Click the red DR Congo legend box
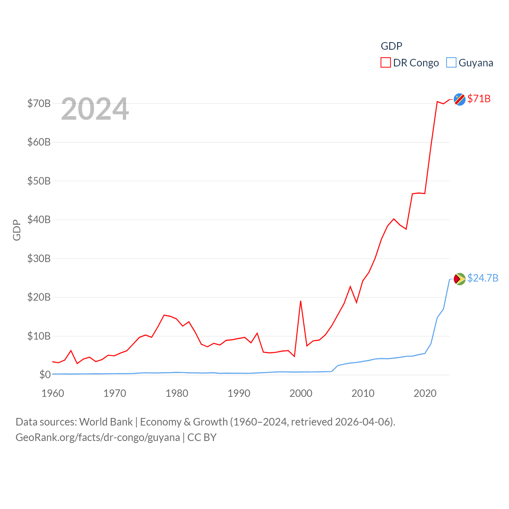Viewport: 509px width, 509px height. (x=385, y=63)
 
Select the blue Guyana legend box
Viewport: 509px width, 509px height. (x=451, y=63)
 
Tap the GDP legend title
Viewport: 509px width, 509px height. (x=391, y=46)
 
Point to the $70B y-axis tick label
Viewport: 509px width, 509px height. (x=39, y=103)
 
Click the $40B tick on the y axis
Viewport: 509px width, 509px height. (x=39, y=220)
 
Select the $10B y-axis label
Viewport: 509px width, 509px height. (x=39, y=336)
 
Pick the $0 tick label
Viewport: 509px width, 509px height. (x=45, y=375)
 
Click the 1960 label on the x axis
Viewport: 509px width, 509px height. (x=53, y=393)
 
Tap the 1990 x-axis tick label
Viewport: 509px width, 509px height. (x=239, y=393)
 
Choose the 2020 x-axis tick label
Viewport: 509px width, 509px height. (x=425, y=393)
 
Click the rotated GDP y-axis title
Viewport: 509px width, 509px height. (x=17, y=230)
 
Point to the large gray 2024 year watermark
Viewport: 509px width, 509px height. (x=95, y=109)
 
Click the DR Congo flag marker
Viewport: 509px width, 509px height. (x=459, y=99)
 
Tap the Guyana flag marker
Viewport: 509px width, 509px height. (x=459, y=279)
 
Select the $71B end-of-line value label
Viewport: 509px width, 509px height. (x=479, y=99)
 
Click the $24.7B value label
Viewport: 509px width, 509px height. (x=483, y=278)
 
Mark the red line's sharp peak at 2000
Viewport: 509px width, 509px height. (x=301, y=301)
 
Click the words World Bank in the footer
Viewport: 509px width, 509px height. (x=106, y=422)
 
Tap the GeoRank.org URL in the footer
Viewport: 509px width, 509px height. (x=97, y=437)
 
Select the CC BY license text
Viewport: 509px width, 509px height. (x=202, y=437)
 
